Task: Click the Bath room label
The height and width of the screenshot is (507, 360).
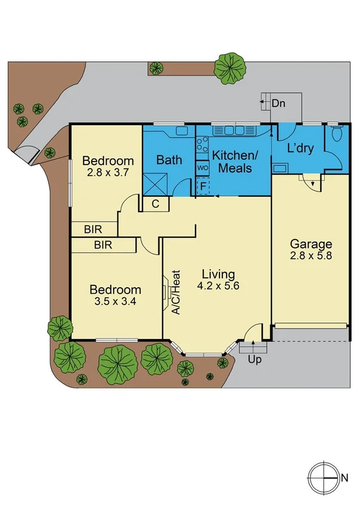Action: tap(169, 160)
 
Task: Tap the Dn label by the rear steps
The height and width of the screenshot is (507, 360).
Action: tap(278, 103)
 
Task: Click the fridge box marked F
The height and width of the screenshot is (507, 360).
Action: tap(203, 186)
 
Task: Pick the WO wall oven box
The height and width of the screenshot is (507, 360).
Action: tap(202, 168)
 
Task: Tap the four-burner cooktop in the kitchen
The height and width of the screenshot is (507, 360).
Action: tap(202, 145)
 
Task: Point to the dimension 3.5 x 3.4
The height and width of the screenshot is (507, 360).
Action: tap(115, 301)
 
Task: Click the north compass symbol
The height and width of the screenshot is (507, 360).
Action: tap(323, 477)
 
